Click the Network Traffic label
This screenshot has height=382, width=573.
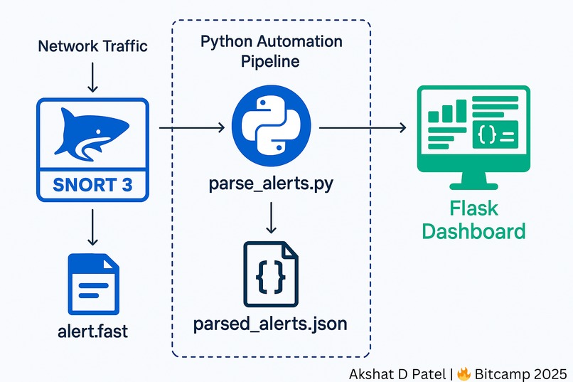click(93, 46)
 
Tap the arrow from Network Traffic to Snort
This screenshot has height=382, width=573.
click(93, 77)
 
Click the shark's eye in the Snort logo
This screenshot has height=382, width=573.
click(97, 132)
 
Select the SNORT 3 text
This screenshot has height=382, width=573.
click(92, 185)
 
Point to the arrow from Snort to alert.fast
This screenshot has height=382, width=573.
click(93, 227)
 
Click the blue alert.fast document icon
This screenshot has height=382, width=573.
click(94, 284)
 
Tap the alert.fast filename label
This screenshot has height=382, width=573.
click(93, 331)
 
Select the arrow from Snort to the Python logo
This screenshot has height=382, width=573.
click(192, 127)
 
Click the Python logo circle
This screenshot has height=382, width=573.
click(271, 127)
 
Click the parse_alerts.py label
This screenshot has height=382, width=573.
click(271, 184)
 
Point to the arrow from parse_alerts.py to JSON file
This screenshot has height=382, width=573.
click(271, 218)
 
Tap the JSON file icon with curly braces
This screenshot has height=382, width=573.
click(271, 274)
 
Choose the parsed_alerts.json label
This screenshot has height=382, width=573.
click(270, 324)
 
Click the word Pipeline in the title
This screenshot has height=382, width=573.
click(270, 61)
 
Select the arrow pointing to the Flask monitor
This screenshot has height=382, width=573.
click(363, 127)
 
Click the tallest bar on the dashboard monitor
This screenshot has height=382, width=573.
click(461, 111)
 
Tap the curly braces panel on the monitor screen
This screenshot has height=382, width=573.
click(496, 134)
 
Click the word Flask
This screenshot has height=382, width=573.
click(473, 208)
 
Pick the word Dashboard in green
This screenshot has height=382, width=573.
click(473, 231)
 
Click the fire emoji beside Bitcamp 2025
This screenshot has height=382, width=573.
click(464, 374)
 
